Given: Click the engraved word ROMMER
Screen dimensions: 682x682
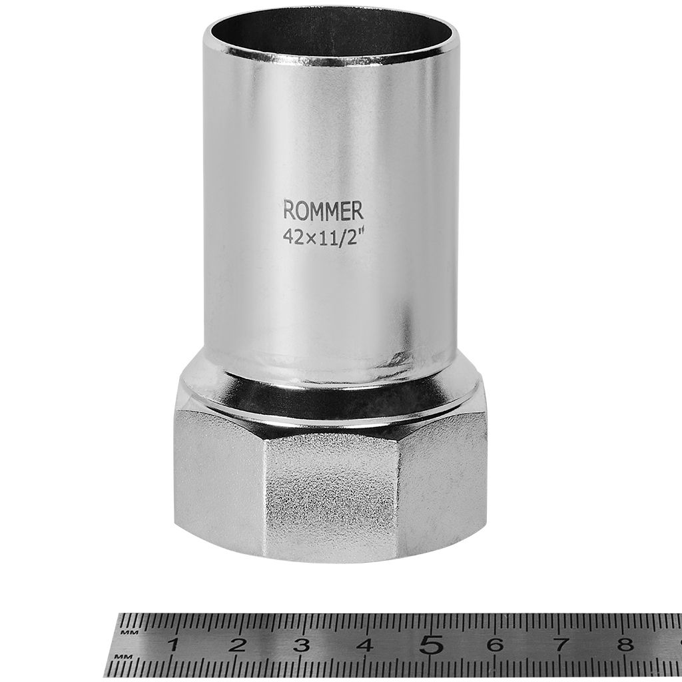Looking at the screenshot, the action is (323, 211).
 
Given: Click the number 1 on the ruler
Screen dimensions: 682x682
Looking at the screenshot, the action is (174, 645).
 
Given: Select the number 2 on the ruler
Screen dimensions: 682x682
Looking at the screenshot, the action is (238, 645).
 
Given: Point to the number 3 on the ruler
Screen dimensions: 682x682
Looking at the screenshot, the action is (302, 645).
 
